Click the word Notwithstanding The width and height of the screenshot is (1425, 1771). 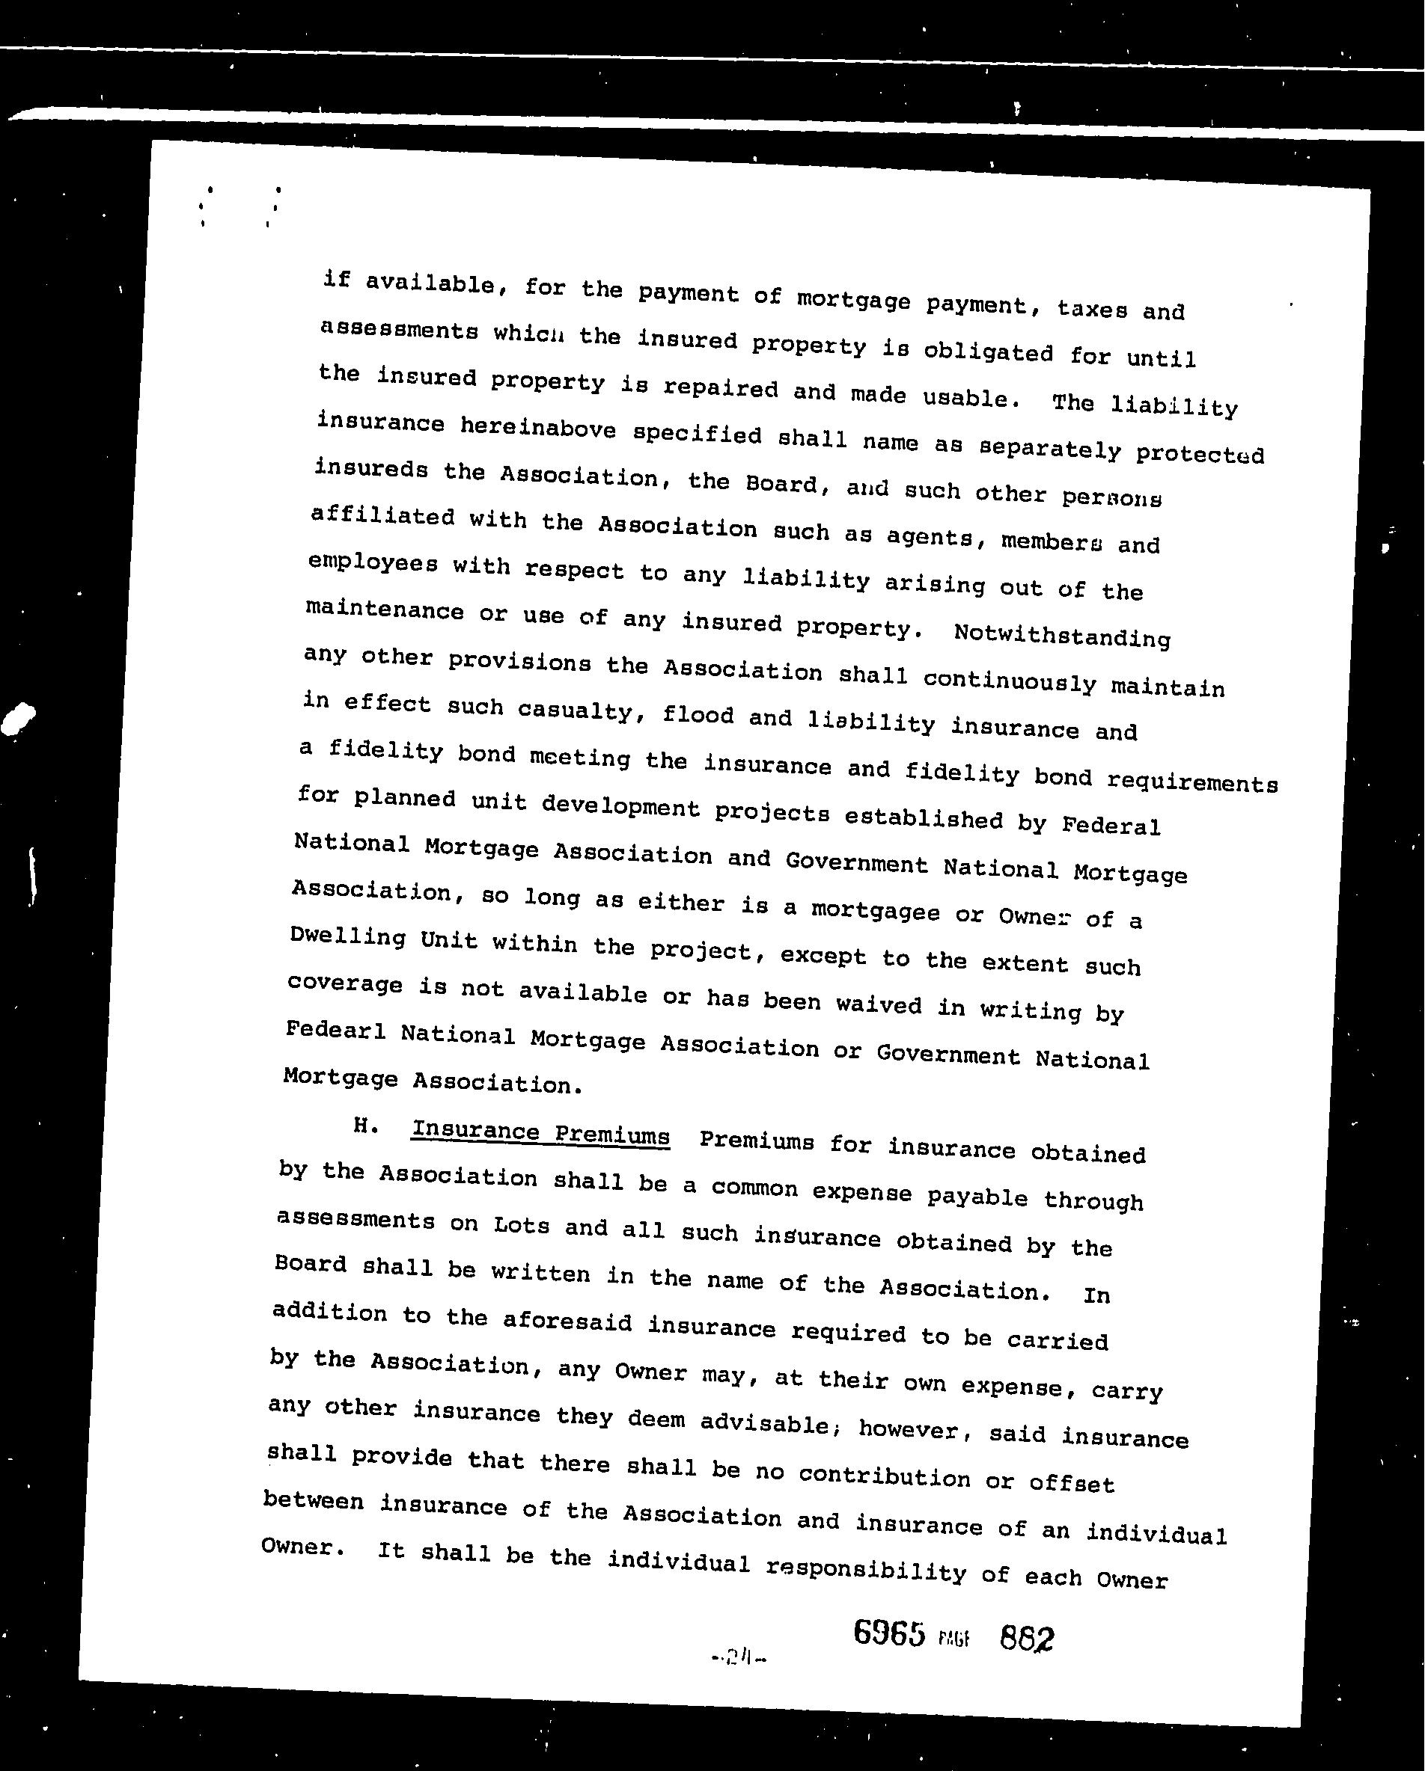point(1062,636)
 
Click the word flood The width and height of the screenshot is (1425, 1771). point(698,716)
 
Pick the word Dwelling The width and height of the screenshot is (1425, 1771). point(347,937)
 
